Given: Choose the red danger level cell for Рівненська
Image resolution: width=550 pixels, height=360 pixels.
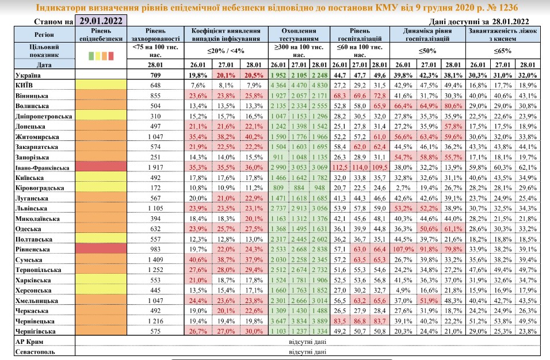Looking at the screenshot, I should [104, 251].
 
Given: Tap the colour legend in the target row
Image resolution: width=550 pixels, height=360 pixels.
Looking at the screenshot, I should [104, 55].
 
